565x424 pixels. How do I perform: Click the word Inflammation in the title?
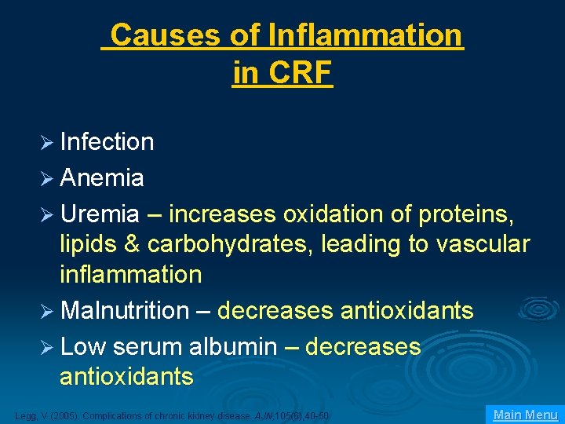(x=365, y=35)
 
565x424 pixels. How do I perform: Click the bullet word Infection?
(x=107, y=142)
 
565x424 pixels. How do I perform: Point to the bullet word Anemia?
(x=101, y=178)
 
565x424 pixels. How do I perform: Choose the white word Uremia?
(x=100, y=214)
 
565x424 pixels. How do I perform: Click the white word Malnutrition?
(x=124, y=311)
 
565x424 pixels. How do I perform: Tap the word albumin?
(x=233, y=346)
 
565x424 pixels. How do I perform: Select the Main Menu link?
(x=525, y=415)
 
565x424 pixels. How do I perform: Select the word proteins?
(x=466, y=214)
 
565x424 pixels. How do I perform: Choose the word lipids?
(x=87, y=244)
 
